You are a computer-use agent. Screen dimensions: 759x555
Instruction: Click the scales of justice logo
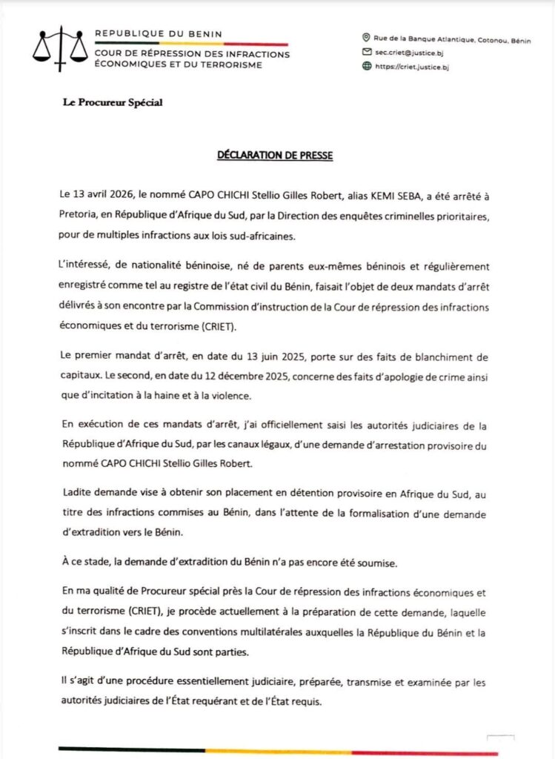pyautogui.click(x=59, y=46)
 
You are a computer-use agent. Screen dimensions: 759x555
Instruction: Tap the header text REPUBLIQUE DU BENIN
pyautogui.click(x=158, y=34)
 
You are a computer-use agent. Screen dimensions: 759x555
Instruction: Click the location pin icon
pyautogui.click(x=365, y=38)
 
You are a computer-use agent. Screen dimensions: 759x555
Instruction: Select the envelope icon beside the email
pyautogui.click(x=365, y=52)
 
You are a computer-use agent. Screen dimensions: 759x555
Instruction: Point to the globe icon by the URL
pyautogui.click(x=365, y=66)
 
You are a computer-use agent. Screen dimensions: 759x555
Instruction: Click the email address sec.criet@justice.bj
pyautogui.click(x=411, y=52)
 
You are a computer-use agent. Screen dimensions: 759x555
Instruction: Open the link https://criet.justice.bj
pyautogui.click(x=413, y=67)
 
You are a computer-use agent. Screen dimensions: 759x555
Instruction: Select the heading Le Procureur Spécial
pyautogui.click(x=113, y=102)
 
